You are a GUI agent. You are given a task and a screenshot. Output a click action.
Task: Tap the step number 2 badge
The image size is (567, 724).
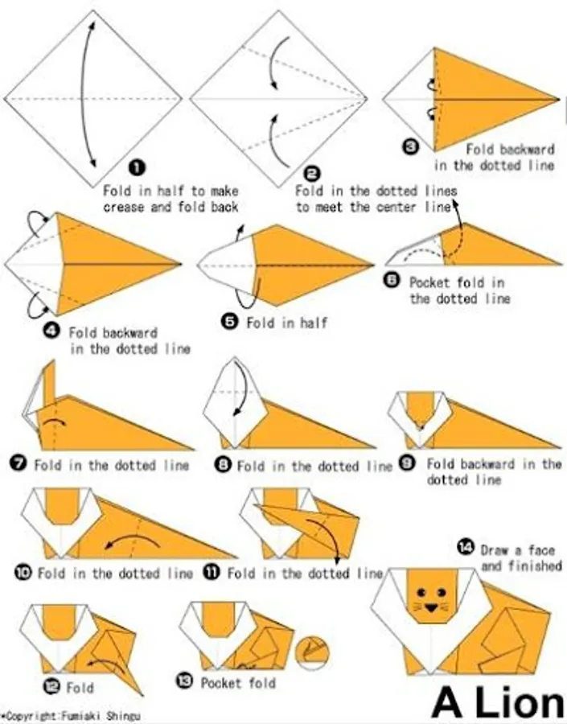pos(312,174)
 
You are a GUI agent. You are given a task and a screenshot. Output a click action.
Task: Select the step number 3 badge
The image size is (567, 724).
pos(410,148)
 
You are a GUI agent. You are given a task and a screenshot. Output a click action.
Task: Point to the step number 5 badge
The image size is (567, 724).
pos(229,321)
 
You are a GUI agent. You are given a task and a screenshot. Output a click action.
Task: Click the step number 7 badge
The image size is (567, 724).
pos(18,463)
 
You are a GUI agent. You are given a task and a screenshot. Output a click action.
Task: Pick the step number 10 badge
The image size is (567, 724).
pos(23,573)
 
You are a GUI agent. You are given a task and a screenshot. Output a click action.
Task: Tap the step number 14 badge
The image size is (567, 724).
pos(466,547)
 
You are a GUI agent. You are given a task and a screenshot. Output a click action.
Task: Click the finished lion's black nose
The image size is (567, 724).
pos(432,608)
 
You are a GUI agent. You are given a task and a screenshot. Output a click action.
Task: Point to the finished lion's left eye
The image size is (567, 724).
pos(421,591)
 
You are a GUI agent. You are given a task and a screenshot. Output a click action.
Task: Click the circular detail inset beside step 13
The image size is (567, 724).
pos(312,653)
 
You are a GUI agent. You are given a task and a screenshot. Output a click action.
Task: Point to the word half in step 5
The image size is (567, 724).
pos(314,323)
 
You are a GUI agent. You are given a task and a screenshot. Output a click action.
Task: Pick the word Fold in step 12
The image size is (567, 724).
pos(80,688)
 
